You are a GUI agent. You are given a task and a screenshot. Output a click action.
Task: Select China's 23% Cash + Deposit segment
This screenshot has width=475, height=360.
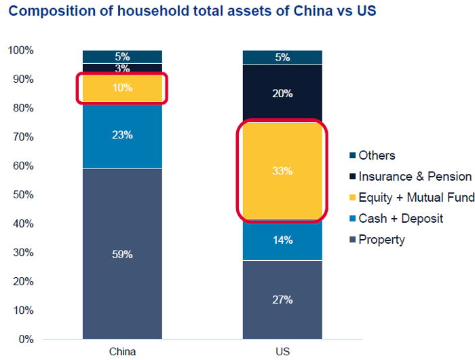[x=123, y=136]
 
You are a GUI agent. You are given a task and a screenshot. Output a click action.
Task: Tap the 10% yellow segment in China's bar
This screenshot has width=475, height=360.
[x=123, y=88]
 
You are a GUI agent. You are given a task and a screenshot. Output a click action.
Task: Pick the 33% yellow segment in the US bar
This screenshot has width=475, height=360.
[x=283, y=171]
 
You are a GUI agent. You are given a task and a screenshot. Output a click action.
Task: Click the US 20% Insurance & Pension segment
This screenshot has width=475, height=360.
[x=283, y=93]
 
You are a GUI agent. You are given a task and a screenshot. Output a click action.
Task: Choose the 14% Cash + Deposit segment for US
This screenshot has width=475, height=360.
[x=283, y=240]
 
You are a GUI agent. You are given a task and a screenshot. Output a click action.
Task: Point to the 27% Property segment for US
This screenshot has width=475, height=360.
[x=283, y=300]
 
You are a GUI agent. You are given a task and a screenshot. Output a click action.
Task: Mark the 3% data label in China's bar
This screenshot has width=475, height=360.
[x=123, y=69]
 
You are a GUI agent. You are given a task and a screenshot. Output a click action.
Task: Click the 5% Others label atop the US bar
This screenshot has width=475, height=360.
[x=283, y=58]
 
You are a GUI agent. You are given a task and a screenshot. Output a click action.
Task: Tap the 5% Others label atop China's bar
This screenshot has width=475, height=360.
[x=123, y=57]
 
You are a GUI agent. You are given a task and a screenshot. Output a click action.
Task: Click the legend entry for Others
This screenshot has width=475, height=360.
[x=377, y=156]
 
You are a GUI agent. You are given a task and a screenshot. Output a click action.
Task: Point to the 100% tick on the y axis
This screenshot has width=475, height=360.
[x=20, y=50]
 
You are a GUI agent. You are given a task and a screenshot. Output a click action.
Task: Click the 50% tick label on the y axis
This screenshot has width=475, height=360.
[x=23, y=195]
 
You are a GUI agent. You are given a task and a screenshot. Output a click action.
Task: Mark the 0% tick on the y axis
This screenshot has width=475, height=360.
[x=26, y=339]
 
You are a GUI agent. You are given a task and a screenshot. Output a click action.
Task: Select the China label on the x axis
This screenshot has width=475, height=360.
[x=122, y=352]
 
